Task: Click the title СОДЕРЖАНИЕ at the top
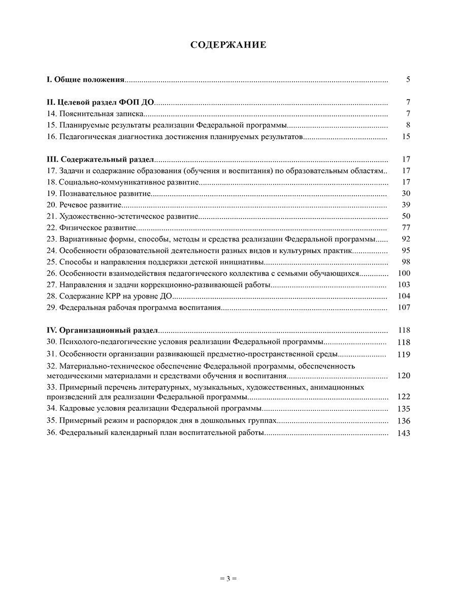pos(228,45)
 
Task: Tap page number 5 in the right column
pos(408,79)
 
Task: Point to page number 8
pos(408,125)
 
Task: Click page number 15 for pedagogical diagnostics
pos(406,136)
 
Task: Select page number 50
pos(406,216)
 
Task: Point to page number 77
pos(406,228)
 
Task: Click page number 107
pos(404,308)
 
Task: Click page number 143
pos(404,433)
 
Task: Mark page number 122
pos(404,397)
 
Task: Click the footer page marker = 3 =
pos(228,578)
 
